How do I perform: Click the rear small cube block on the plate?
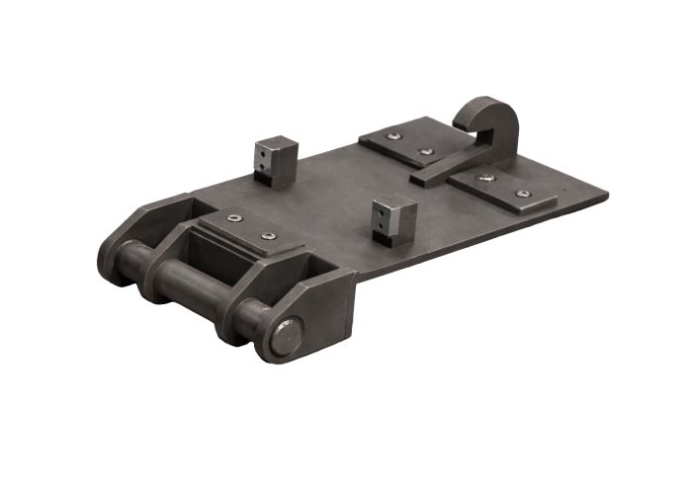coord(275,160)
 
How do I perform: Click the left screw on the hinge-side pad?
coord(233,218)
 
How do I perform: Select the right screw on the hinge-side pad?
coord(268,236)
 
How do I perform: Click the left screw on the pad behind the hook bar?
coord(394,136)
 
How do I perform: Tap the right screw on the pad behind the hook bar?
coord(427,151)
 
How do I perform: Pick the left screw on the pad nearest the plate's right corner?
coord(485,178)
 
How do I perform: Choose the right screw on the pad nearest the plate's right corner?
coord(522,194)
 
